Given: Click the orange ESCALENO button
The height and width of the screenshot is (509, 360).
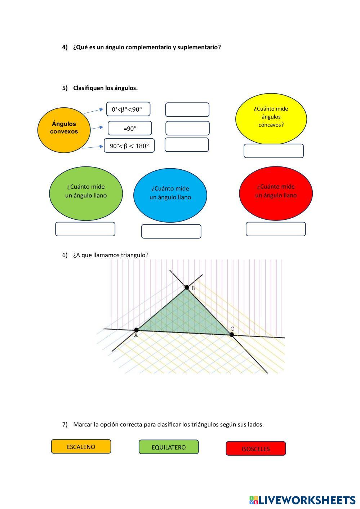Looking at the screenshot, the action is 81,447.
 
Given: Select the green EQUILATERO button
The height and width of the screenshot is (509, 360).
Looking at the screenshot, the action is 169,447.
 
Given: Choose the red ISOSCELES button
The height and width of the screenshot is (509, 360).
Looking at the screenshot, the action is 255,449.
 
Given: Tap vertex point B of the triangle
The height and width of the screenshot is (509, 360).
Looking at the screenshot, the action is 187,287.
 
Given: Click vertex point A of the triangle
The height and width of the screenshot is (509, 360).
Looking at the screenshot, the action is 136,330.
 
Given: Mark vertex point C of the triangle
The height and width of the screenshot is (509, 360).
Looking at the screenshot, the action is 232,335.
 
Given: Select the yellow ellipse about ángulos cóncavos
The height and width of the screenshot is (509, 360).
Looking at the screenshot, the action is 271,118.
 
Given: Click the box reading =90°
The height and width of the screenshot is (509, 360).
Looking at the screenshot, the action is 130,128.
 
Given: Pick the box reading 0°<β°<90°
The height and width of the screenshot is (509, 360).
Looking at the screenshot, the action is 128,109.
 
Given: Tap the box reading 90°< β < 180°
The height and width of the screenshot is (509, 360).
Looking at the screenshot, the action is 129,146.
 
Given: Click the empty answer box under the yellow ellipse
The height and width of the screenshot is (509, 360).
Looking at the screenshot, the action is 274,151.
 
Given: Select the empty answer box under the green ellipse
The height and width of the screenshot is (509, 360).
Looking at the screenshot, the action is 85,229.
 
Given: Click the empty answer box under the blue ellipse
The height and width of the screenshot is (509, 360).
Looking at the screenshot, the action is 171,231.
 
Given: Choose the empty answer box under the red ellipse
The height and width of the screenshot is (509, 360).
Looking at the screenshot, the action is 276,229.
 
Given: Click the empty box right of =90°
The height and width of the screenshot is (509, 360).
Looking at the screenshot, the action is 187,128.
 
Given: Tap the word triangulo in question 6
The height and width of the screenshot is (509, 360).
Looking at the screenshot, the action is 134,255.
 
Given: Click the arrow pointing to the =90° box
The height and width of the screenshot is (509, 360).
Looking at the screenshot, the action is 97,128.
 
